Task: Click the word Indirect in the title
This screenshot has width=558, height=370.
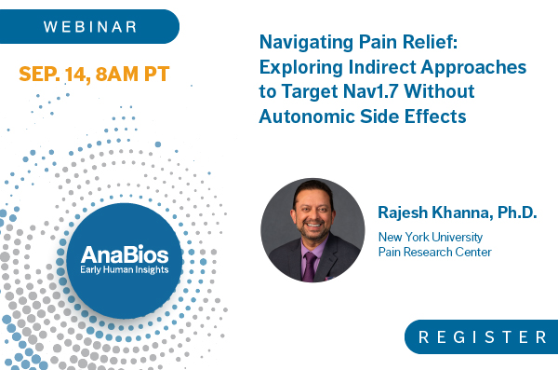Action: coord(383,69)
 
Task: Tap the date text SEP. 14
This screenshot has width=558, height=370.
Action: coord(58,73)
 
